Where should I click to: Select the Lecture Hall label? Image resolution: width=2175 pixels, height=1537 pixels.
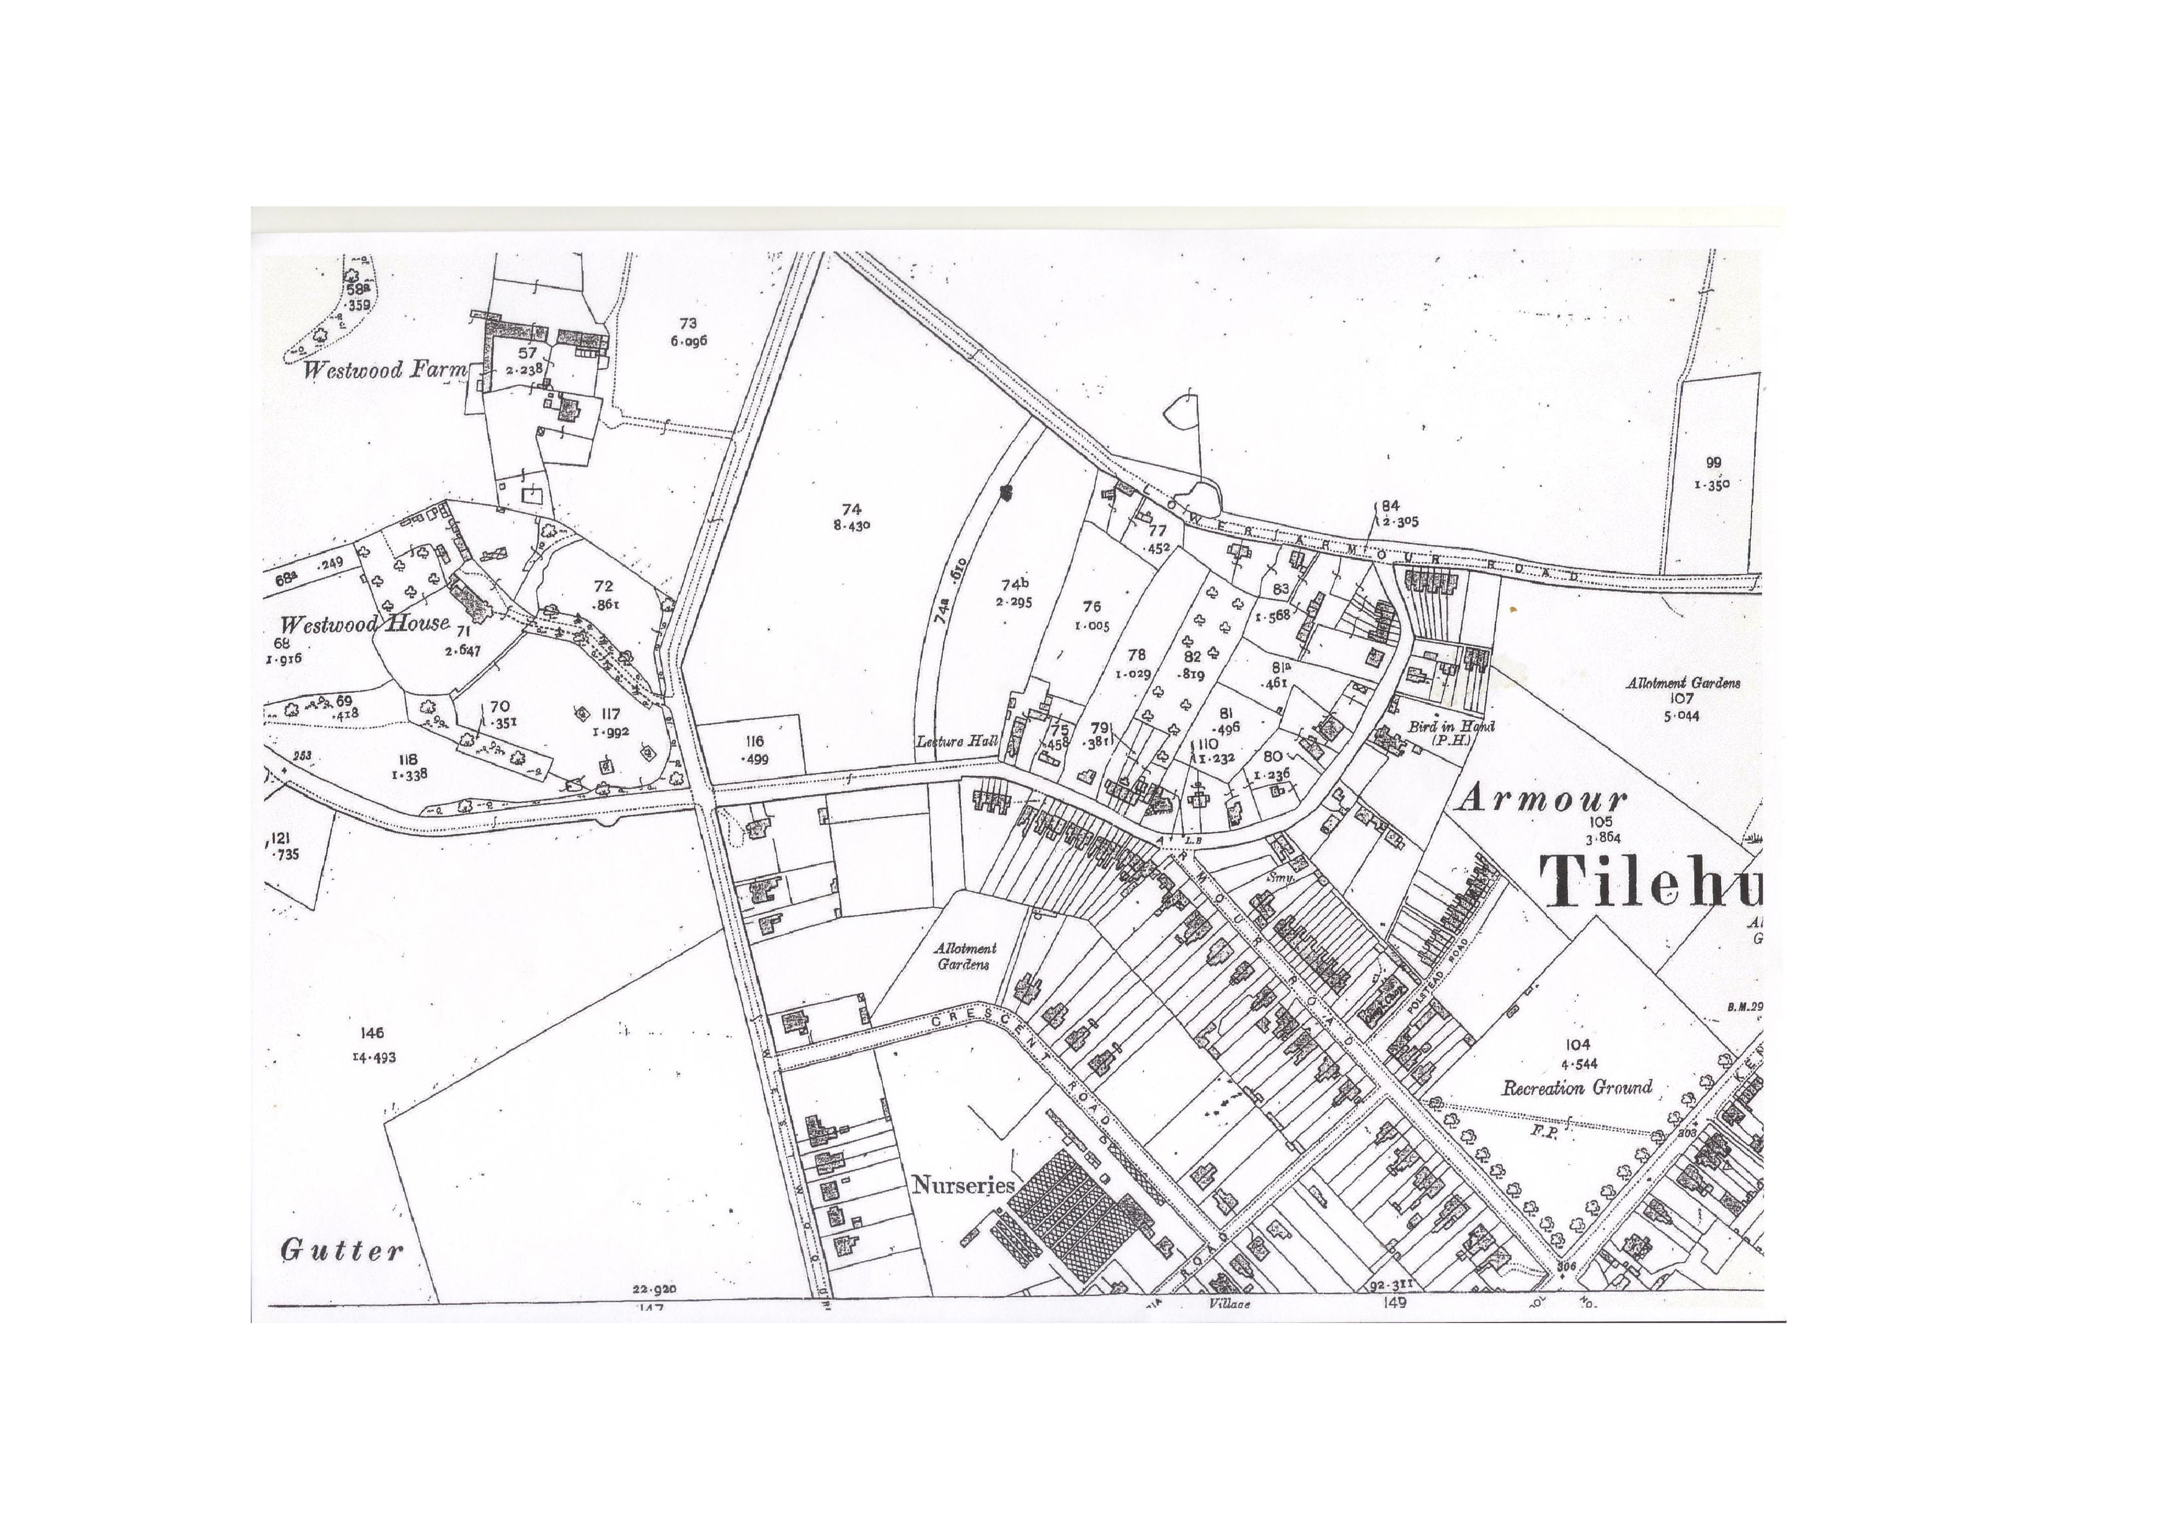point(957,741)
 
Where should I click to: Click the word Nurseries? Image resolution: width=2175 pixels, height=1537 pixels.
point(962,1185)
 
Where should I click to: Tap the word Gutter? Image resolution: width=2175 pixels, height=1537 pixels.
point(342,1250)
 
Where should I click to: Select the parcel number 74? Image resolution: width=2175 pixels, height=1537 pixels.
point(851,509)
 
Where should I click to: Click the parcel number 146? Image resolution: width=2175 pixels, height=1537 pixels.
point(372,1033)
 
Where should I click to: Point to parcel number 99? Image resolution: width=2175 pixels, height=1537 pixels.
point(1712,463)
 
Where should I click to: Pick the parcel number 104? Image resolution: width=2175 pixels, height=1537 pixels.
point(1577,1044)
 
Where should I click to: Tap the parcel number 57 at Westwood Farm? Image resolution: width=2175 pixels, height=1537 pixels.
point(526,353)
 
